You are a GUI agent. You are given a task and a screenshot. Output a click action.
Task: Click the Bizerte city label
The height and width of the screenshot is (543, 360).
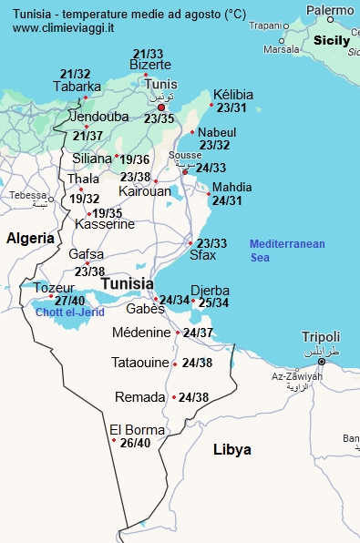150,65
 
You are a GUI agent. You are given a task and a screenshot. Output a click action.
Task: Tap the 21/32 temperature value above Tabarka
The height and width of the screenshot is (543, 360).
75,74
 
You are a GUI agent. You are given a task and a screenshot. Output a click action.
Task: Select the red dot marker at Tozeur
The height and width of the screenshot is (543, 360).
51,296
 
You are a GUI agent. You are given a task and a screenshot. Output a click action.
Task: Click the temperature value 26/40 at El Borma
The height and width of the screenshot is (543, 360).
135,443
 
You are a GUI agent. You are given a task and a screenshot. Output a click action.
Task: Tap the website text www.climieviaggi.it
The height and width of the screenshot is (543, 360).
64,28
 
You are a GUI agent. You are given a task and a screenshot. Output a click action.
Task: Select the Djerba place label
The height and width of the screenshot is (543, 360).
210,291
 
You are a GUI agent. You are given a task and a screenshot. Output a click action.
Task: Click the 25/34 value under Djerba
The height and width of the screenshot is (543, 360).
213,302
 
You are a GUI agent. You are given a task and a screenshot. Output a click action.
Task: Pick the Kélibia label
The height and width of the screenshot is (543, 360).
232,95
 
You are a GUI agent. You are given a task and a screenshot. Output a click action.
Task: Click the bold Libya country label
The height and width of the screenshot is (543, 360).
231,449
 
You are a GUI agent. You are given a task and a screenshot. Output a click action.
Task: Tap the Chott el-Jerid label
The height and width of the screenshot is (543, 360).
70,312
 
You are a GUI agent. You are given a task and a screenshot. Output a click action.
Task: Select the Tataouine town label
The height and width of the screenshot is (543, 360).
140,363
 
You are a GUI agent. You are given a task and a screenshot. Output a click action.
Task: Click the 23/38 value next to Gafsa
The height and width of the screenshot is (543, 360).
89,271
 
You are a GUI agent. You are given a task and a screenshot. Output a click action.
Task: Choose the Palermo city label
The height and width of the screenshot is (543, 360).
330,10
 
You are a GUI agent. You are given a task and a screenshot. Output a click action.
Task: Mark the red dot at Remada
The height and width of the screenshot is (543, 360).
173,397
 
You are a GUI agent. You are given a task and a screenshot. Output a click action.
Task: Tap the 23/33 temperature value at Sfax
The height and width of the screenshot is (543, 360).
212,243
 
